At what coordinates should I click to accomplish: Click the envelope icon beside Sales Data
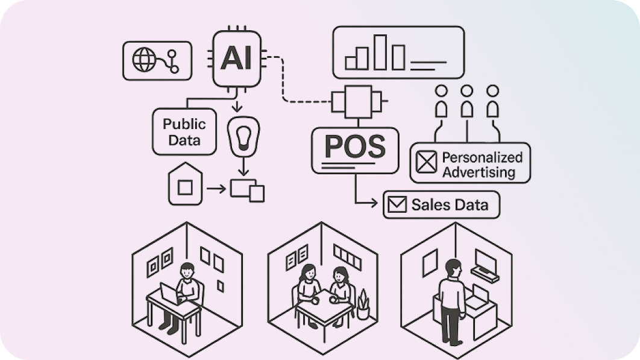point(397,205)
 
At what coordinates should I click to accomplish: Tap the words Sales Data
point(450,205)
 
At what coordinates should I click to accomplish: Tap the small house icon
point(186,183)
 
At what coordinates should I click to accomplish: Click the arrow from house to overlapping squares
point(216,189)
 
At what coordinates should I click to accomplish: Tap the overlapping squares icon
point(248,190)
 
